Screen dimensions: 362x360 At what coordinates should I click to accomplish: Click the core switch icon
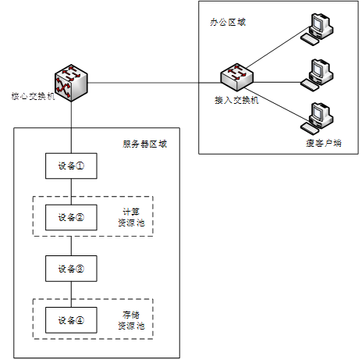tap(71, 83)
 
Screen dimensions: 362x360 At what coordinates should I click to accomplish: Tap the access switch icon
tap(236, 77)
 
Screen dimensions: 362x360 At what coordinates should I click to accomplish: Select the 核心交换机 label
tap(33, 96)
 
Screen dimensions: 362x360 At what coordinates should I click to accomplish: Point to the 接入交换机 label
tap(236, 100)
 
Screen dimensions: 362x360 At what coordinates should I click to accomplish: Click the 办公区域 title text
tap(228, 23)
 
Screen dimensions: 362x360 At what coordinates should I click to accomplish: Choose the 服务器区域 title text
tap(144, 144)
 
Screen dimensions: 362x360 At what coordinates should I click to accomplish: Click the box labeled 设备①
tap(71, 166)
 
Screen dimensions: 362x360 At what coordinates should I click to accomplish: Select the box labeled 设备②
tap(71, 217)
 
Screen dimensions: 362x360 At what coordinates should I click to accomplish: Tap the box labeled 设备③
tap(71, 269)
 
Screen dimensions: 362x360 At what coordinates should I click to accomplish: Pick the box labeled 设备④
tap(71, 320)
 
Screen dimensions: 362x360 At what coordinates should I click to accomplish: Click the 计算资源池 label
tap(131, 217)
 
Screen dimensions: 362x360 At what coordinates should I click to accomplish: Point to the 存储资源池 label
tap(131, 320)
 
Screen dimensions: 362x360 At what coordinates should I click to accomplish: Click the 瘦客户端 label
tap(324, 143)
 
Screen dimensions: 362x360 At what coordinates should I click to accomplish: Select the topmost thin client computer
tap(317, 29)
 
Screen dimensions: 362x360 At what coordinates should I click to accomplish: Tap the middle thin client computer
tap(317, 75)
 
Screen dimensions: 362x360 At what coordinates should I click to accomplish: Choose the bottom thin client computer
tap(317, 119)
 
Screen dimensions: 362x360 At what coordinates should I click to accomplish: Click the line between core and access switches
tap(154, 83)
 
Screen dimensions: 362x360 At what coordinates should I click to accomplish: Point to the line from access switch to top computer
tap(278, 47)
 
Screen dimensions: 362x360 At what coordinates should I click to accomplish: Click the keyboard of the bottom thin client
tap(310, 129)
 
